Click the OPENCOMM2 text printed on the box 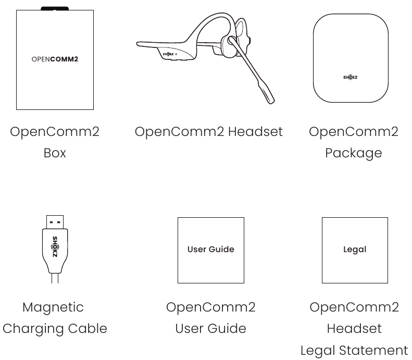[x=55, y=59]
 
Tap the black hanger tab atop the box [x=55, y=9]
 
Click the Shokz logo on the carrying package [x=350, y=77]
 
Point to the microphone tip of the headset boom [x=269, y=96]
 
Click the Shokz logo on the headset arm [x=167, y=54]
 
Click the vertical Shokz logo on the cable [x=55, y=247]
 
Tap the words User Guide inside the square [x=210, y=250]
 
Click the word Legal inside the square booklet [x=354, y=250]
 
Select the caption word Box [x=55, y=153]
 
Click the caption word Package [x=353, y=153]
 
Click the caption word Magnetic [x=53, y=307]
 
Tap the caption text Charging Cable [x=55, y=329]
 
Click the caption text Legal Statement [x=354, y=350]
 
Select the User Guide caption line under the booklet [x=210, y=329]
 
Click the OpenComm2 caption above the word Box [x=55, y=132]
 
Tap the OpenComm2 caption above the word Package [x=353, y=132]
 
